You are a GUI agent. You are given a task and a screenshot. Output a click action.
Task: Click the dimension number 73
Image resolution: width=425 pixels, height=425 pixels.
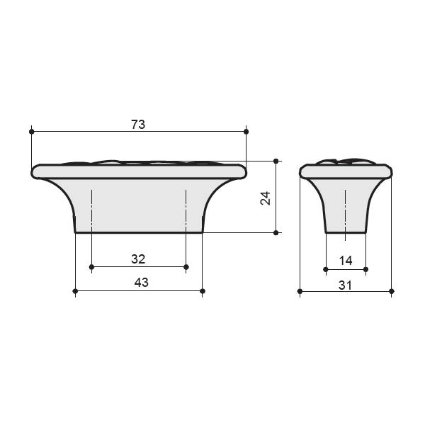[138, 125]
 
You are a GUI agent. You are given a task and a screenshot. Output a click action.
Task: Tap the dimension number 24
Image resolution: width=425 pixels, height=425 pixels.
[266, 198]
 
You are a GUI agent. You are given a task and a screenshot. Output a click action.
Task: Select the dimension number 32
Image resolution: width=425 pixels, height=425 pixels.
[138, 259]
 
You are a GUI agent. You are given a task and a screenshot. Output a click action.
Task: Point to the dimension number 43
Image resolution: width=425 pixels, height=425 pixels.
[141, 283]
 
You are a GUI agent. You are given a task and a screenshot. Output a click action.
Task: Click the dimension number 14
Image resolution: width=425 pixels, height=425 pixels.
[346, 261]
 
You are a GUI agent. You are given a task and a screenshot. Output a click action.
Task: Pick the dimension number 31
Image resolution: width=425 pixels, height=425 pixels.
[346, 285]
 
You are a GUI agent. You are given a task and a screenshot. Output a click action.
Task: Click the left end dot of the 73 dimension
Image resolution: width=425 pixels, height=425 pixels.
[31, 132]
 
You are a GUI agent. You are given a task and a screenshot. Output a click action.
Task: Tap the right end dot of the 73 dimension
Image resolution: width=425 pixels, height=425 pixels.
[246, 132]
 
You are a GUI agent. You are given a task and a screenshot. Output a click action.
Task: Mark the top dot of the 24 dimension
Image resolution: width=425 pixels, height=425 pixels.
[276, 161]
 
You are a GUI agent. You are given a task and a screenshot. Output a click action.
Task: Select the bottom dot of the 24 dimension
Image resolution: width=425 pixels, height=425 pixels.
[276, 232]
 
